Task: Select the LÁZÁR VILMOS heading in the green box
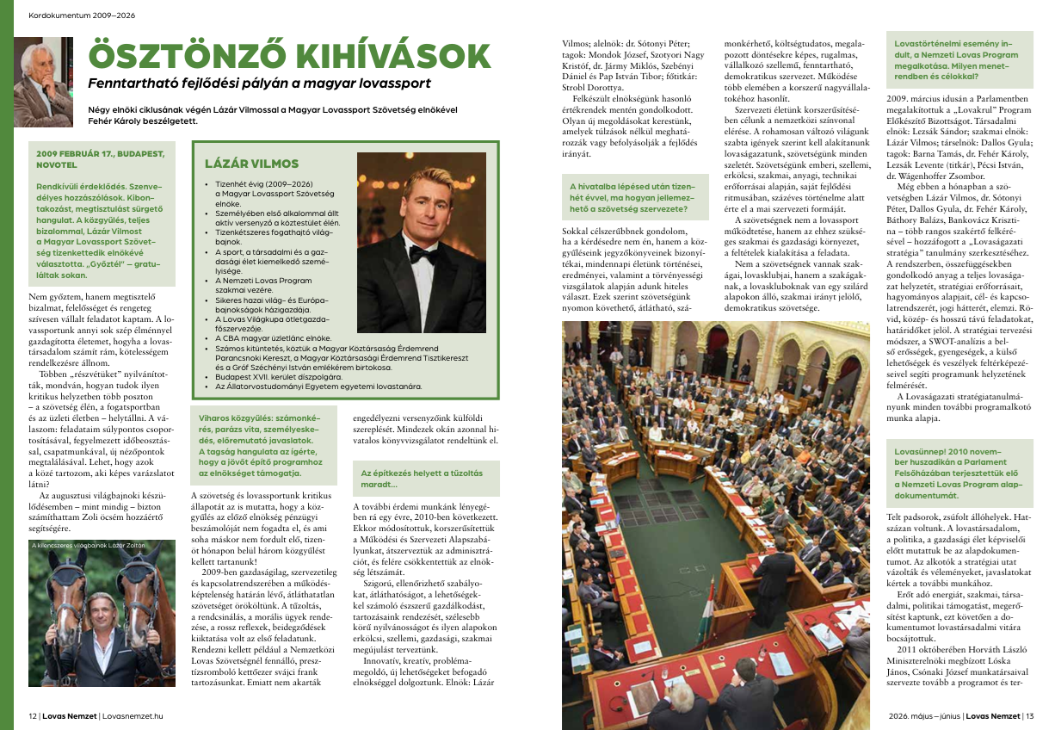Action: click(x=251, y=164)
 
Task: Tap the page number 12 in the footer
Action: click(x=33, y=715)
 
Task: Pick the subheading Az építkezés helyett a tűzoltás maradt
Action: click(x=422, y=479)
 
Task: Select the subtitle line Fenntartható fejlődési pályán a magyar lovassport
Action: click(x=260, y=84)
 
